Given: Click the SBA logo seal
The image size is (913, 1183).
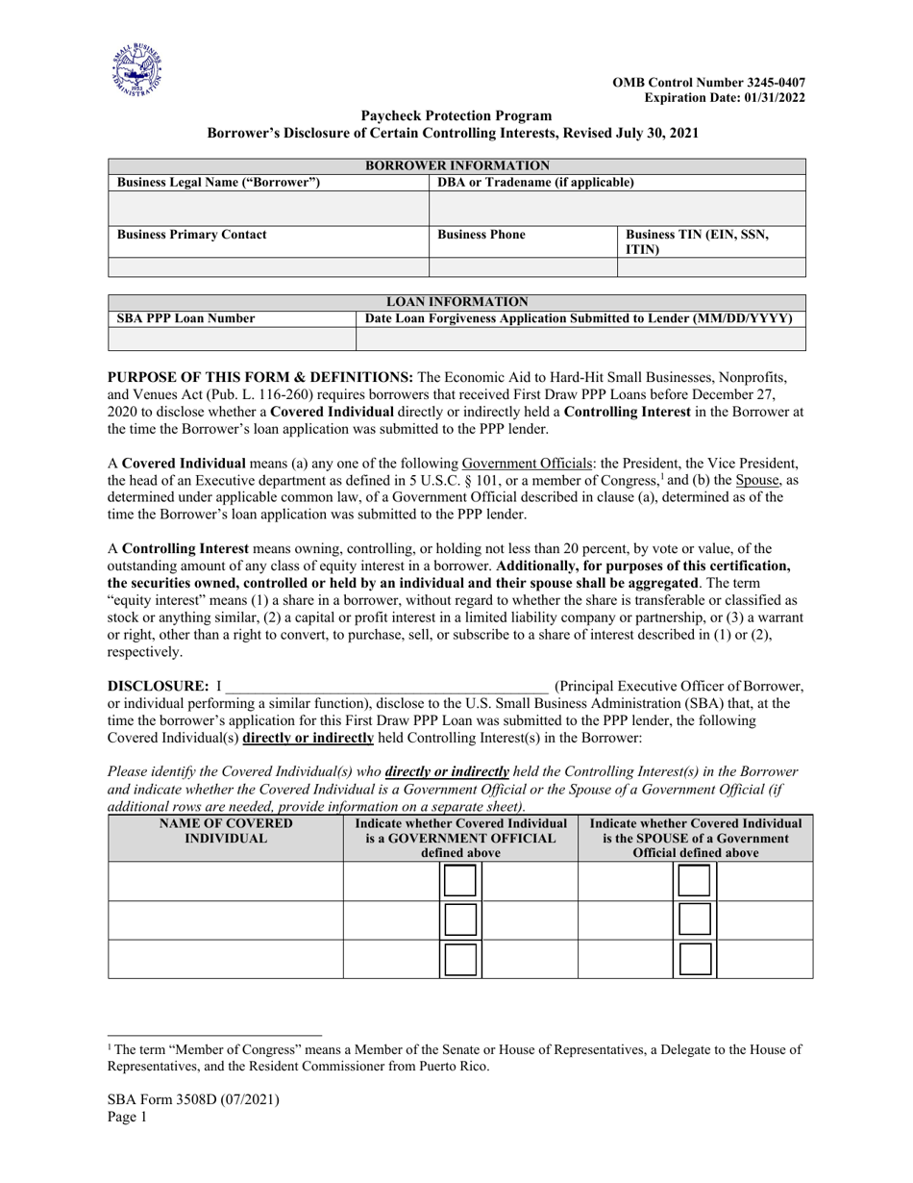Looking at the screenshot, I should (136, 71).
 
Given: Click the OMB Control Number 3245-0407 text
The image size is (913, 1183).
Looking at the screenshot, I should (709, 83).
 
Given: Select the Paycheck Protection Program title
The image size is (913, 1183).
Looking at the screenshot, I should (456, 115).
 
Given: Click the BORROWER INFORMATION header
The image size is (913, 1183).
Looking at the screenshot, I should (456, 165).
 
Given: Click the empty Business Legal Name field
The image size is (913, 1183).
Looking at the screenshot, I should (268, 209).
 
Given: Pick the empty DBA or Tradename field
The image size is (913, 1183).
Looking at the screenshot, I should (617, 209).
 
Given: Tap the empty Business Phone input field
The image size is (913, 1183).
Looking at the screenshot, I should (522, 267).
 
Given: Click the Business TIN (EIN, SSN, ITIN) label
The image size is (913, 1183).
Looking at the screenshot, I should (697, 241).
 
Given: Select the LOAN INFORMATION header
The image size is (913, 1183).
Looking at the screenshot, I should (456, 302).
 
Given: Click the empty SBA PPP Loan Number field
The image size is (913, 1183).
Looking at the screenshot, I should (232, 339).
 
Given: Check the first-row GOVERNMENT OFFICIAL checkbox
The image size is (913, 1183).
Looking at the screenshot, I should (460, 881).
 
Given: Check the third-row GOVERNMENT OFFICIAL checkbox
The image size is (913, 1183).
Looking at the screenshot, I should (460, 959).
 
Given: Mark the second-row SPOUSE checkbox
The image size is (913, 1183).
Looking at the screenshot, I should (695, 919).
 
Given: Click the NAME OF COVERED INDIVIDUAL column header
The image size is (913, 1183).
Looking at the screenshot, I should (226, 831).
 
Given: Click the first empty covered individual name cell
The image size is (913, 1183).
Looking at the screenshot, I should (226, 881).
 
